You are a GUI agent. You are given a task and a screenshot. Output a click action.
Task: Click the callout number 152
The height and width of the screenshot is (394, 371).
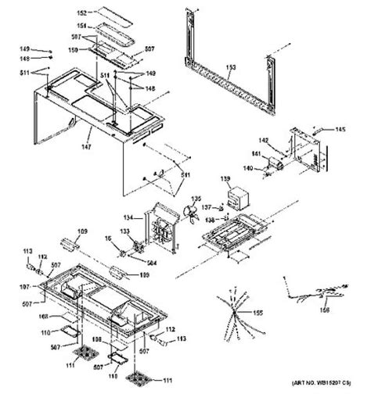coord(104,13)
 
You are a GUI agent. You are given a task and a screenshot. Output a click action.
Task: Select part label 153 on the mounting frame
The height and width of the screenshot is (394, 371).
coord(229,67)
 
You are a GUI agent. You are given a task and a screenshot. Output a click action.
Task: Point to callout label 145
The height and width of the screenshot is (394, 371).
coord(340,129)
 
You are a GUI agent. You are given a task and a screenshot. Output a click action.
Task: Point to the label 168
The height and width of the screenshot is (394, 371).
coord(44,317)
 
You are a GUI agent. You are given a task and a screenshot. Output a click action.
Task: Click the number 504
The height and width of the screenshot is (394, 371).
coord(152,263)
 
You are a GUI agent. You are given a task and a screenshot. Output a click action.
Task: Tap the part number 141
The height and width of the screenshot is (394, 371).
coord(255,155)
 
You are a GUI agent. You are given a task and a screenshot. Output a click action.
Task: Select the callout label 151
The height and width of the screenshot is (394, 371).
coord(104,26)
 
